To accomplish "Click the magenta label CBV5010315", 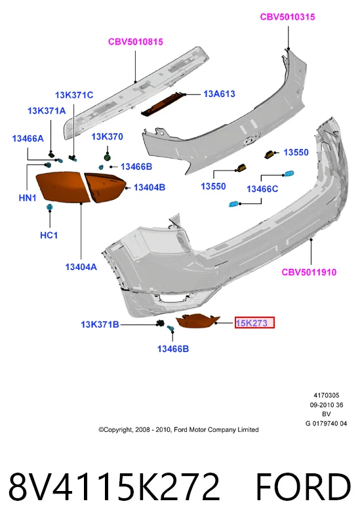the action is pyautogui.click(x=287, y=17).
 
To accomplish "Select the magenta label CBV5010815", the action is pyautogui.click(x=136, y=42).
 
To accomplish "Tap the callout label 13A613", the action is pyautogui.click(x=219, y=94).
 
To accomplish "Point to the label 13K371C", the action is pyautogui.click(x=74, y=95).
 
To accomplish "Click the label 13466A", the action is pyautogui.click(x=28, y=138).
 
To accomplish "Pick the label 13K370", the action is pyautogui.click(x=107, y=137).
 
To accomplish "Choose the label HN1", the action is pyautogui.click(x=28, y=198).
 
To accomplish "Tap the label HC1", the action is pyautogui.click(x=49, y=235).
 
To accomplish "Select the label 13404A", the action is pyautogui.click(x=81, y=267).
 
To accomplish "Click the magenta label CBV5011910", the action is pyautogui.click(x=309, y=272).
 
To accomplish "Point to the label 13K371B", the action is pyautogui.click(x=100, y=324).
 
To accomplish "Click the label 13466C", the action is pyautogui.click(x=262, y=189).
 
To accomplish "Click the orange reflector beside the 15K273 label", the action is pyautogui.click(x=197, y=321).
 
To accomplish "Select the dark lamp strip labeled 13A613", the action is pyautogui.click(x=163, y=104).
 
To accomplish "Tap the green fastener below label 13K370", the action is pyautogui.click(x=108, y=157).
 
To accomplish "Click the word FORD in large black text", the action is pyautogui.click(x=303, y=487).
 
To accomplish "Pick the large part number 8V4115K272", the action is pyautogui.click(x=114, y=487).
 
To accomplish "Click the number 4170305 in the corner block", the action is pyautogui.click(x=327, y=395).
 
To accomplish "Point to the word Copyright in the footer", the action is pyautogui.click(x=118, y=430).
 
